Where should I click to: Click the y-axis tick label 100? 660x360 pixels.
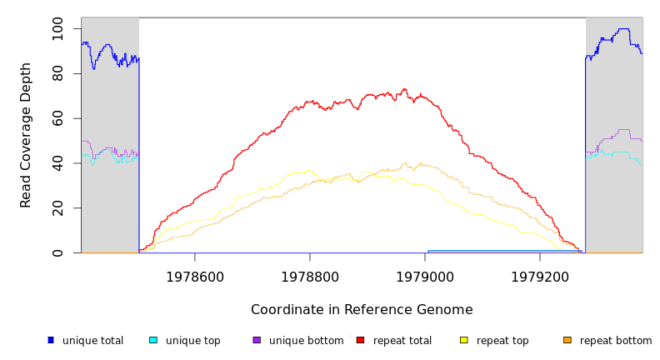57,29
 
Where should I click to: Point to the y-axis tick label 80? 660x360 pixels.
57,74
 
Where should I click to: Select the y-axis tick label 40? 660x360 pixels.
57,163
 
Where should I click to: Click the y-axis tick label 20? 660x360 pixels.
57,208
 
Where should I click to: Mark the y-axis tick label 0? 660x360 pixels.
57,252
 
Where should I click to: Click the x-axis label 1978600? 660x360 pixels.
194,277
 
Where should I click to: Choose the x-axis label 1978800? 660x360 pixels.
310,277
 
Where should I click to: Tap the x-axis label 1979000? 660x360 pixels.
425,277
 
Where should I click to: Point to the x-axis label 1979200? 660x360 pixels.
540,277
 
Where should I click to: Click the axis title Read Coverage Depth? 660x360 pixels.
27,135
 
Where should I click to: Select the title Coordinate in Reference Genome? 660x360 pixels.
362,310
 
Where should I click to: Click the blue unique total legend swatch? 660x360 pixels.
51,340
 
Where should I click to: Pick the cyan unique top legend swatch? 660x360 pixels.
153,340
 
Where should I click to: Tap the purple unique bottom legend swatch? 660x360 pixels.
257,340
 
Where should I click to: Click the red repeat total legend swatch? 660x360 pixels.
360,340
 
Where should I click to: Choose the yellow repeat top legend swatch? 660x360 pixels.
463,340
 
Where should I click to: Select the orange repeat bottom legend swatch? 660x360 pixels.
567,340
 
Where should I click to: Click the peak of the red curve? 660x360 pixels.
405,89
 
